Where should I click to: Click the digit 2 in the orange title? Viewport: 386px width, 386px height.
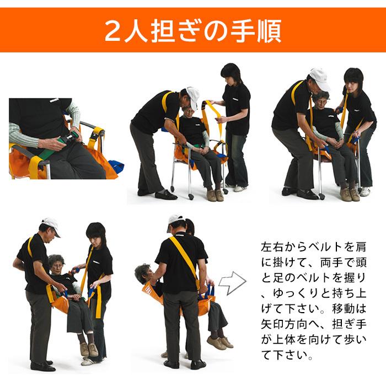pyautogui.click(x=114, y=31)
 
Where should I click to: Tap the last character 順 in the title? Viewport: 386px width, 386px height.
pyautogui.click(x=269, y=31)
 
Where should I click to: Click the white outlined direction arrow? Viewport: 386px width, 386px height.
pyautogui.click(x=232, y=283)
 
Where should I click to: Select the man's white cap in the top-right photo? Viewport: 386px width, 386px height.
pyautogui.click(x=318, y=78)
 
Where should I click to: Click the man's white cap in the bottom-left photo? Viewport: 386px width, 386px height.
pyautogui.click(x=50, y=223)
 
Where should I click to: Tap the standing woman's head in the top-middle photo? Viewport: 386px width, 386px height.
pyautogui.click(x=230, y=74)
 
